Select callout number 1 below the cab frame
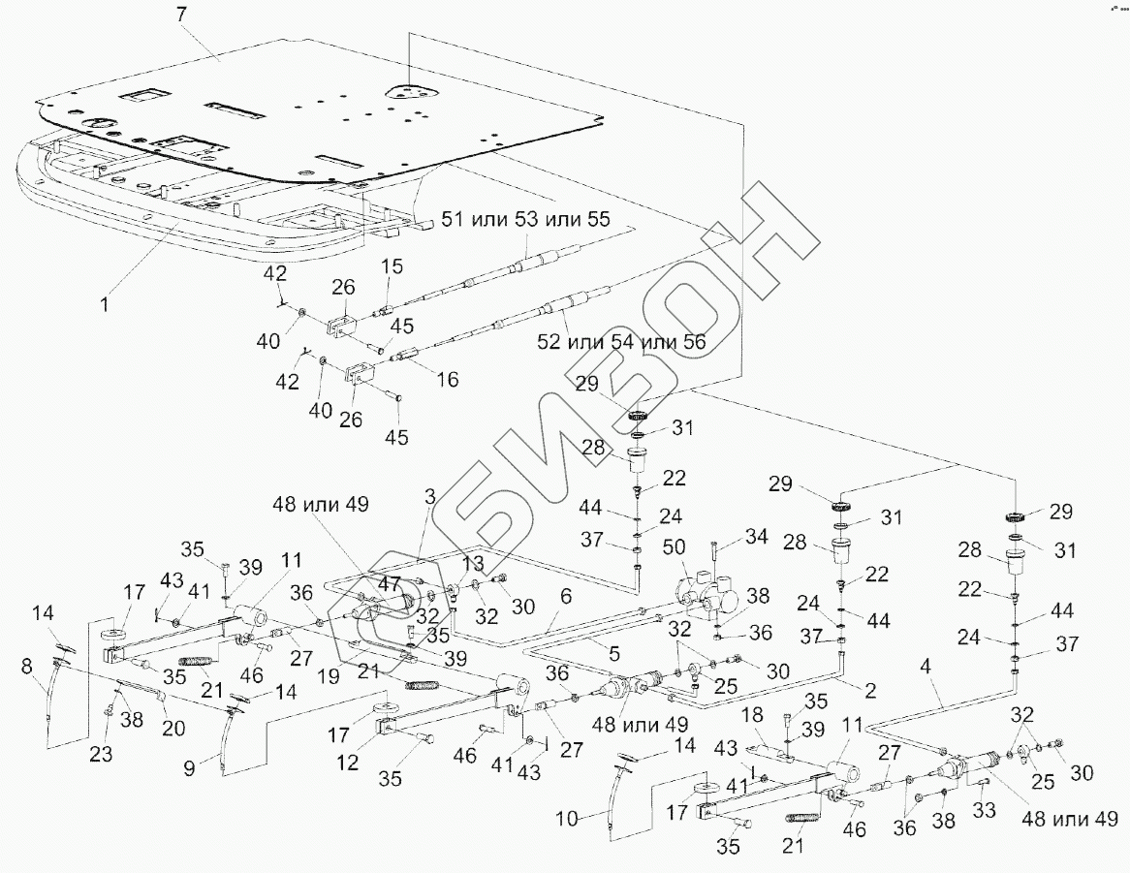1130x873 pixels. [x=106, y=302]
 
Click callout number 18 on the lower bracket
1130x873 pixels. [x=753, y=714]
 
